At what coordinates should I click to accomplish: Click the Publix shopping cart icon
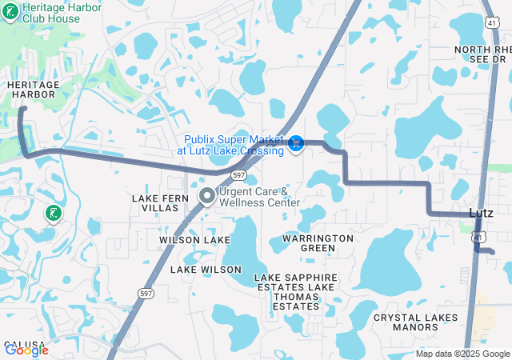pyautogui.click(x=296, y=143)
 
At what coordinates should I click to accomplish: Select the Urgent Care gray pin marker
pyautogui.click(x=206, y=195)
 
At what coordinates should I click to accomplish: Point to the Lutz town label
pyautogui.click(x=481, y=213)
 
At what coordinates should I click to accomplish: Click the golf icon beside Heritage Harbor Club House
pyautogui.click(x=10, y=12)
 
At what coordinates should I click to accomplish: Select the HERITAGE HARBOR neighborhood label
pyautogui.click(x=32, y=89)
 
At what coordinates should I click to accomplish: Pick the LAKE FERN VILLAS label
pyautogui.click(x=160, y=202)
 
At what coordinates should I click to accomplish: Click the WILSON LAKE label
pyautogui.click(x=194, y=240)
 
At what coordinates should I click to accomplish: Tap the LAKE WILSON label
pyautogui.click(x=206, y=270)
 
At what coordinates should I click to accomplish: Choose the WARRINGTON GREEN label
pyautogui.click(x=318, y=243)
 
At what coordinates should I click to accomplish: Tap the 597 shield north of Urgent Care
pyautogui.click(x=238, y=174)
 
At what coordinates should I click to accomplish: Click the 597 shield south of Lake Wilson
pyautogui.click(x=146, y=294)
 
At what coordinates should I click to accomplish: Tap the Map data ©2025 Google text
pyautogui.click(x=462, y=354)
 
